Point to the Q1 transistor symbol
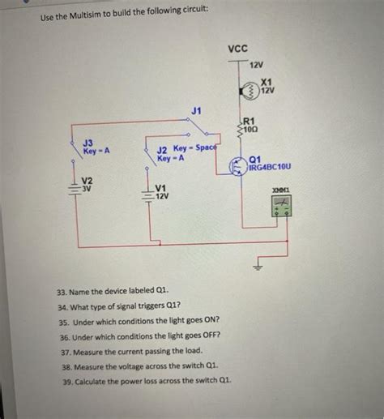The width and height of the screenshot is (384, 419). (237, 165)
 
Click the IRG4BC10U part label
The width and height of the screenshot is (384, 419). (271, 167)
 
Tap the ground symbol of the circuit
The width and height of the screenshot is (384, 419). (259, 265)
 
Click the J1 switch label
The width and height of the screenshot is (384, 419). (197, 109)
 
